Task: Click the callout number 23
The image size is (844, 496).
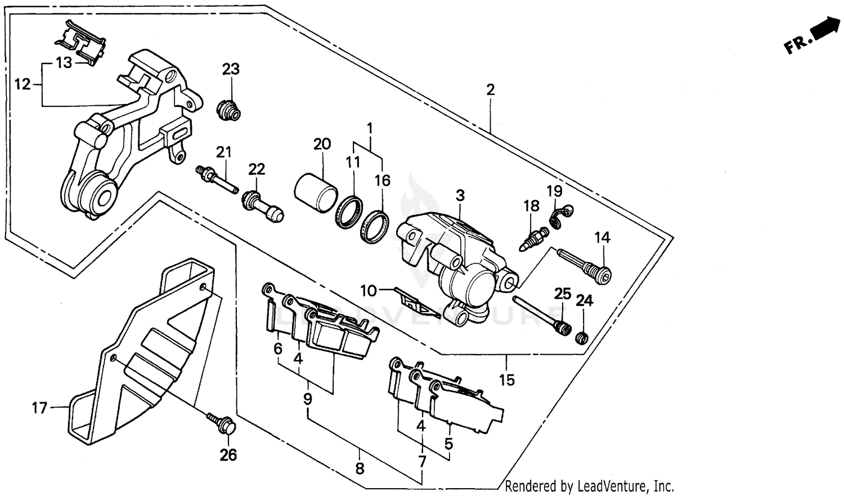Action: pyautogui.click(x=231, y=69)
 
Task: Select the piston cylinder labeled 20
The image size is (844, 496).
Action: pyautogui.click(x=316, y=192)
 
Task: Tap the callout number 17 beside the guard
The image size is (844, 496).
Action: pyautogui.click(x=39, y=407)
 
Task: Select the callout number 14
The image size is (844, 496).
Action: pyautogui.click(x=602, y=237)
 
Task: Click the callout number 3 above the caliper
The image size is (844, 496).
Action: pyautogui.click(x=460, y=196)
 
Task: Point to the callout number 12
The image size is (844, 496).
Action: pyautogui.click(x=22, y=84)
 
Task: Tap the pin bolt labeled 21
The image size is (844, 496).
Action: pyautogui.click(x=217, y=179)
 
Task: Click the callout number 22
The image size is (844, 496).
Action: pyautogui.click(x=257, y=169)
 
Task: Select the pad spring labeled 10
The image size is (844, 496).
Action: pyautogui.click(x=416, y=301)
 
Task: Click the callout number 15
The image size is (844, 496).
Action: pyautogui.click(x=507, y=380)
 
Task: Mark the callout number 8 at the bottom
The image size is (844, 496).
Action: pyautogui.click(x=360, y=468)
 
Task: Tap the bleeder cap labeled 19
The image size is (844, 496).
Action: pyautogui.click(x=559, y=217)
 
